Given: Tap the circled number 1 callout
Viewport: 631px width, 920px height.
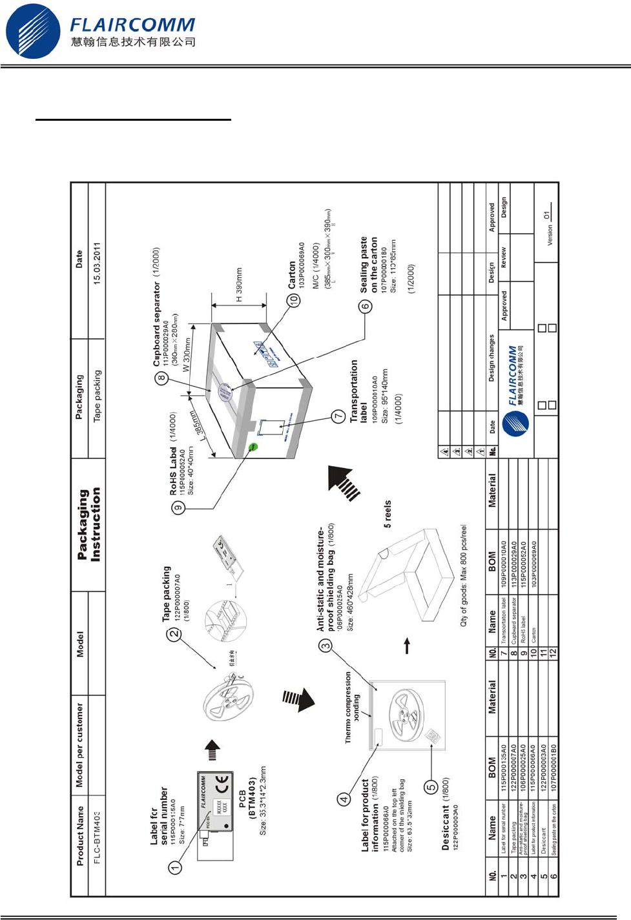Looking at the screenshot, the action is (x=175, y=868).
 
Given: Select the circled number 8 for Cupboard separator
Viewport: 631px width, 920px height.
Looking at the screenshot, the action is (x=161, y=379).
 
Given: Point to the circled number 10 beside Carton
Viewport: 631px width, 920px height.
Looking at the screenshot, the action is (x=295, y=300).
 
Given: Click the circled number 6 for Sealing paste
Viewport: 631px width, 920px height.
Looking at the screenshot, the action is (x=366, y=307).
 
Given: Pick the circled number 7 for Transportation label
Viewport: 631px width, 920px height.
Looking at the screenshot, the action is (x=338, y=416).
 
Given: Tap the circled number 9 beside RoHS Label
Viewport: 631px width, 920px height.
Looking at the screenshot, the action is (x=178, y=507).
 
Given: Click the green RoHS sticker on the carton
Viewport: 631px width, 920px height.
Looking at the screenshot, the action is (x=254, y=446).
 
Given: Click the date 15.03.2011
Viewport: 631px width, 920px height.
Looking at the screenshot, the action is (x=97, y=263).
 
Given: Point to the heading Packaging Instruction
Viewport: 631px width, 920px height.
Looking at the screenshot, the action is (x=88, y=525).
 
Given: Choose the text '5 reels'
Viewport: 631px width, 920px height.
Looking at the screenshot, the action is (x=388, y=514).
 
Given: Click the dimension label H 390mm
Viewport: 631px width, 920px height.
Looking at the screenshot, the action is (x=239, y=285).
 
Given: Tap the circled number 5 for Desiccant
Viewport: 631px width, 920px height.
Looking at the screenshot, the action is (x=431, y=787).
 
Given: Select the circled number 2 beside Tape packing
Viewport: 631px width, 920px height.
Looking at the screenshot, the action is (x=174, y=634).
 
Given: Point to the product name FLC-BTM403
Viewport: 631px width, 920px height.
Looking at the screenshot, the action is (x=98, y=837).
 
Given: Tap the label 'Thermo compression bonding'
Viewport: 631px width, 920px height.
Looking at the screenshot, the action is (x=352, y=708).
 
